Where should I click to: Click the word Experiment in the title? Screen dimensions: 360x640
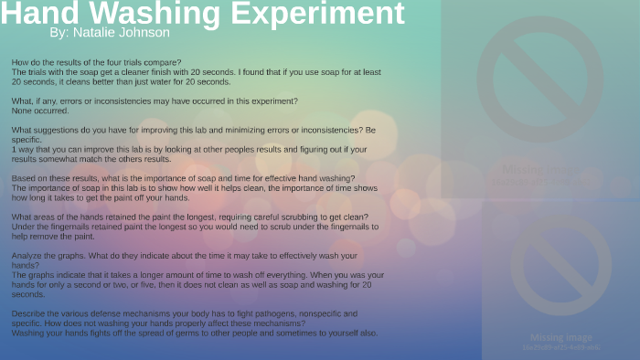(326, 14)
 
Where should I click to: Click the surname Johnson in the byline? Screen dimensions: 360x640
(144, 33)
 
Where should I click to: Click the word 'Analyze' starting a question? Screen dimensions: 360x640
(27, 255)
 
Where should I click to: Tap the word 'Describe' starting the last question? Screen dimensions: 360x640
(29, 313)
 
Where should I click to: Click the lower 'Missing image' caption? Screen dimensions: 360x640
(560, 337)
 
